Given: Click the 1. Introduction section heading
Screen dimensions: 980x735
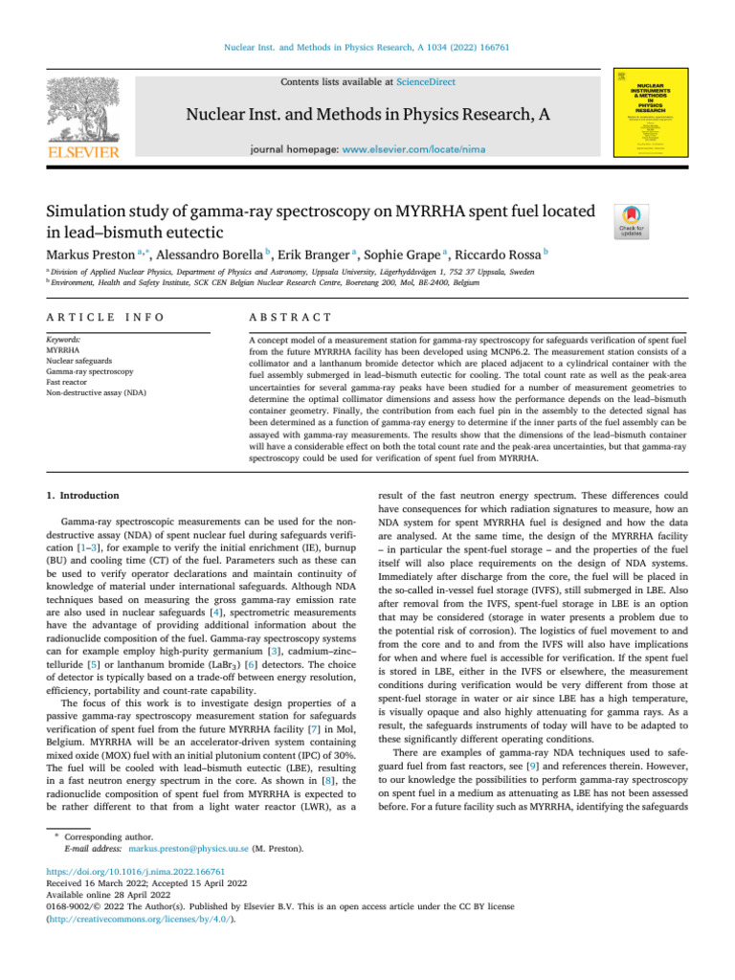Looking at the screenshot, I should tap(83, 496).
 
